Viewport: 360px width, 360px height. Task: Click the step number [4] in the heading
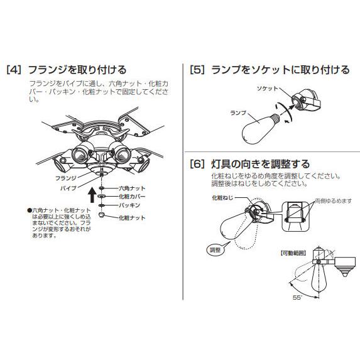click(14, 70)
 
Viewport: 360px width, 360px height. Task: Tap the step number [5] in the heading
click(197, 70)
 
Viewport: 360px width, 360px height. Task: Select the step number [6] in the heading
click(197, 164)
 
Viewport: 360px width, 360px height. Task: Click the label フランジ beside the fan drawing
click(66, 178)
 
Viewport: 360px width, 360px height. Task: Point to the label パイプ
click(68, 188)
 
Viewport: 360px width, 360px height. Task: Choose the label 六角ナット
click(132, 188)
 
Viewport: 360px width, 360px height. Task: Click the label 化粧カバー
click(132, 197)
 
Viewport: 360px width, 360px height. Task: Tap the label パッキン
click(129, 205)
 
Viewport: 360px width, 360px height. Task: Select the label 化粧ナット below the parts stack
click(132, 218)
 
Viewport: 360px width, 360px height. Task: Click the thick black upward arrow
click(92, 195)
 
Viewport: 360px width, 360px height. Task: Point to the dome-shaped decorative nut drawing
click(102, 215)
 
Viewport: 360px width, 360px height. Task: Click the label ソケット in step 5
click(267, 89)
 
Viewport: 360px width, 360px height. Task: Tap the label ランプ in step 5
click(238, 113)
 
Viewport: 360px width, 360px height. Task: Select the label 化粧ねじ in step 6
click(222, 198)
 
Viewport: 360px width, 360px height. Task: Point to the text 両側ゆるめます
click(333, 201)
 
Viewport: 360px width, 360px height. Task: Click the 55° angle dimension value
click(298, 298)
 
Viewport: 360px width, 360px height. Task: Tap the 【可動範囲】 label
click(293, 253)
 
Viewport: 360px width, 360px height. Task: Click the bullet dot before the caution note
click(29, 210)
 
